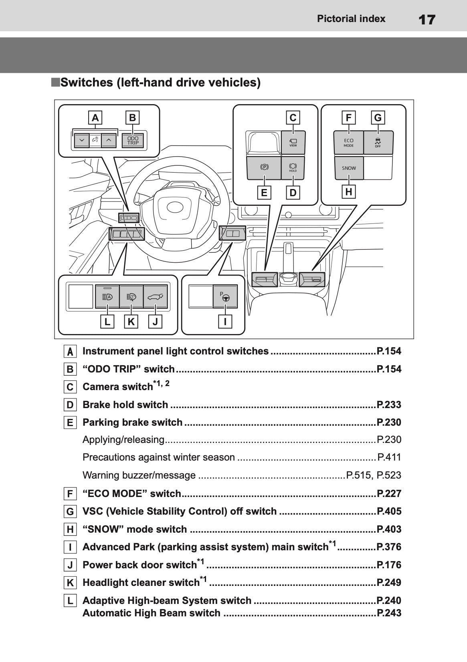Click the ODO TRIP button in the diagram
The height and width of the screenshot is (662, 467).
(x=133, y=141)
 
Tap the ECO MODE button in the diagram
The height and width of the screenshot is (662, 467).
(x=348, y=143)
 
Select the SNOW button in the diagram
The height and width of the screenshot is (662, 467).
(x=349, y=168)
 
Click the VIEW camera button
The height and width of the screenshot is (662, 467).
(x=293, y=143)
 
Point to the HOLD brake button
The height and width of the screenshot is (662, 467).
(x=293, y=168)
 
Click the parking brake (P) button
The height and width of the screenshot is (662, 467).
(x=264, y=167)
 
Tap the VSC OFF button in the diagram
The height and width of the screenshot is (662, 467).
(x=378, y=143)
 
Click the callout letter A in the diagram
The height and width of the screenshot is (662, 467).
(x=95, y=118)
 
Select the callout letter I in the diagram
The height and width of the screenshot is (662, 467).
(x=225, y=321)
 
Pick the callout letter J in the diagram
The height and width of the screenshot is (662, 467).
(x=155, y=322)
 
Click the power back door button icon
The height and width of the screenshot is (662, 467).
(x=155, y=297)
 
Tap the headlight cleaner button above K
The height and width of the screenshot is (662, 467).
(x=131, y=297)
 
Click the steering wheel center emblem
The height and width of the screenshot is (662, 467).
(x=175, y=207)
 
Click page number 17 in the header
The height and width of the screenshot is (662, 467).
(x=427, y=19)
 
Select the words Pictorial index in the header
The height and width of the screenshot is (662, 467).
(x=351, y=19)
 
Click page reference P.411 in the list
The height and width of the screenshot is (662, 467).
(x=389, y=457)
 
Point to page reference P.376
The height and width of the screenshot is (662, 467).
(x=389, y=547)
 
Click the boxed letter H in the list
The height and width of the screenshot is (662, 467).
(x=70, y=529)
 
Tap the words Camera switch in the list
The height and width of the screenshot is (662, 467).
(x=117, y=387)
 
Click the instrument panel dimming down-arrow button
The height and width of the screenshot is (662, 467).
(x=82, y=141)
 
